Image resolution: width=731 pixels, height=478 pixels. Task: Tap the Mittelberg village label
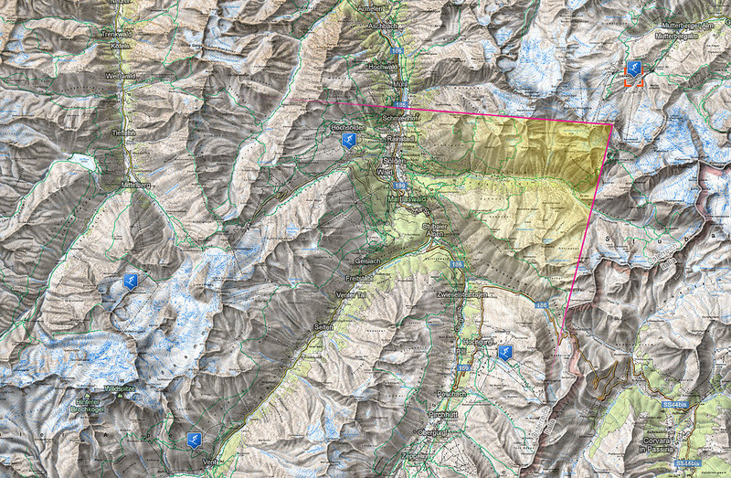[133, 182]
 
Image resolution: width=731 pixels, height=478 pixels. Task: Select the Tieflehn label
[125, 133]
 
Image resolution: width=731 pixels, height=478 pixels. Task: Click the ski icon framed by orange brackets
[633, 69]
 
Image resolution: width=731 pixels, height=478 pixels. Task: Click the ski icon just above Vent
[192, 440]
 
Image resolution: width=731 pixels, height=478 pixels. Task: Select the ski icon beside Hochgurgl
[504, 352]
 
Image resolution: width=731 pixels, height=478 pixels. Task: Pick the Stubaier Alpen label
[433, 228]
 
